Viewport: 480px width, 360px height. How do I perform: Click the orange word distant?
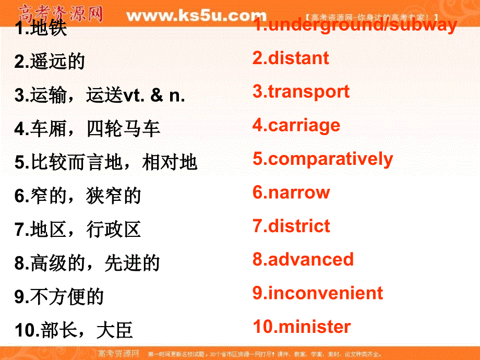[x=298, y=58]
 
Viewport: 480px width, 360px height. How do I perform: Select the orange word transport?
[x=308, y=92]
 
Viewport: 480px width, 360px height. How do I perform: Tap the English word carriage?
[x=304, y=126]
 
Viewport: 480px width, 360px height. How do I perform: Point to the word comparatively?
[x=330, y=159]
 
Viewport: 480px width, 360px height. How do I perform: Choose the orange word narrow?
[x=299, y=193]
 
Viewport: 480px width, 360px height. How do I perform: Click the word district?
[x=299, y=226]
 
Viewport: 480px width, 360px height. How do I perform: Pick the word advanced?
[x=310, y=259]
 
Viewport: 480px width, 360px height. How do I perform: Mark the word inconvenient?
[x=325, y=293]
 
